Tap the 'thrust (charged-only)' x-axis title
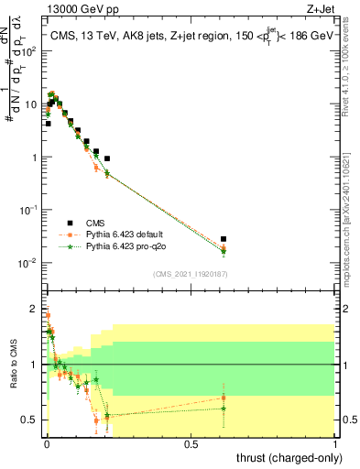(285, 457)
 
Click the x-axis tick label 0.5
(191, 443)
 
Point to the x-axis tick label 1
(336, 443)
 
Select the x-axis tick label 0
(47, 443)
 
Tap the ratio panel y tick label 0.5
(29, 420)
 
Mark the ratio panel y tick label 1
(33, 365)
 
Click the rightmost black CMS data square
(224, 239)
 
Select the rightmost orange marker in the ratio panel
(224, 397)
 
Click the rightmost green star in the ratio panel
(224, 409)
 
